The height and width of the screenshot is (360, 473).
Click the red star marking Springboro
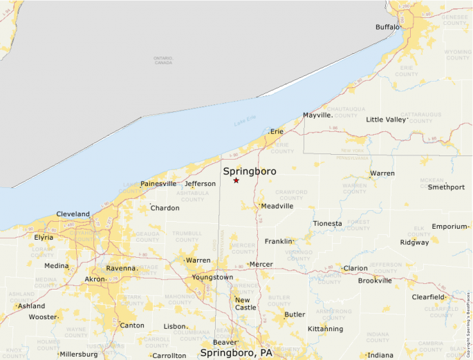point(236,180)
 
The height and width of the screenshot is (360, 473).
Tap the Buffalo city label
point(387,27)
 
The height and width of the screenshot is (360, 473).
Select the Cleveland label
point(73,214)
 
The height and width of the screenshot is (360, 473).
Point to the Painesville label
point(158,184)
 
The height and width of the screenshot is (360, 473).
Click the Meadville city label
point(277,206)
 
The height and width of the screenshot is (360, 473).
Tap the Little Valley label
point(386,120)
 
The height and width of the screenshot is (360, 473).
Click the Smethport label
point(446,187)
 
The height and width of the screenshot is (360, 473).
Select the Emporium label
point(449,227)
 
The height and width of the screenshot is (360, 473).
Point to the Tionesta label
point(327,224)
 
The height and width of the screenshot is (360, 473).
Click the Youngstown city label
point(212,277)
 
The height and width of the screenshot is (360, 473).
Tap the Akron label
point(95,279)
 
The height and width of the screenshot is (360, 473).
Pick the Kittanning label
point(325,329)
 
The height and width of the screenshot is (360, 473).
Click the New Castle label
point(245,303)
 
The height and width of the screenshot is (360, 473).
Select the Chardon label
point(165,208)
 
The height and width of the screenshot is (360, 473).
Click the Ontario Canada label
point(163,61)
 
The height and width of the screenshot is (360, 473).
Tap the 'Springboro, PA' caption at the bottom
point(236,353)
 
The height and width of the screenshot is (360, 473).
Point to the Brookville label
point(375,281)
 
